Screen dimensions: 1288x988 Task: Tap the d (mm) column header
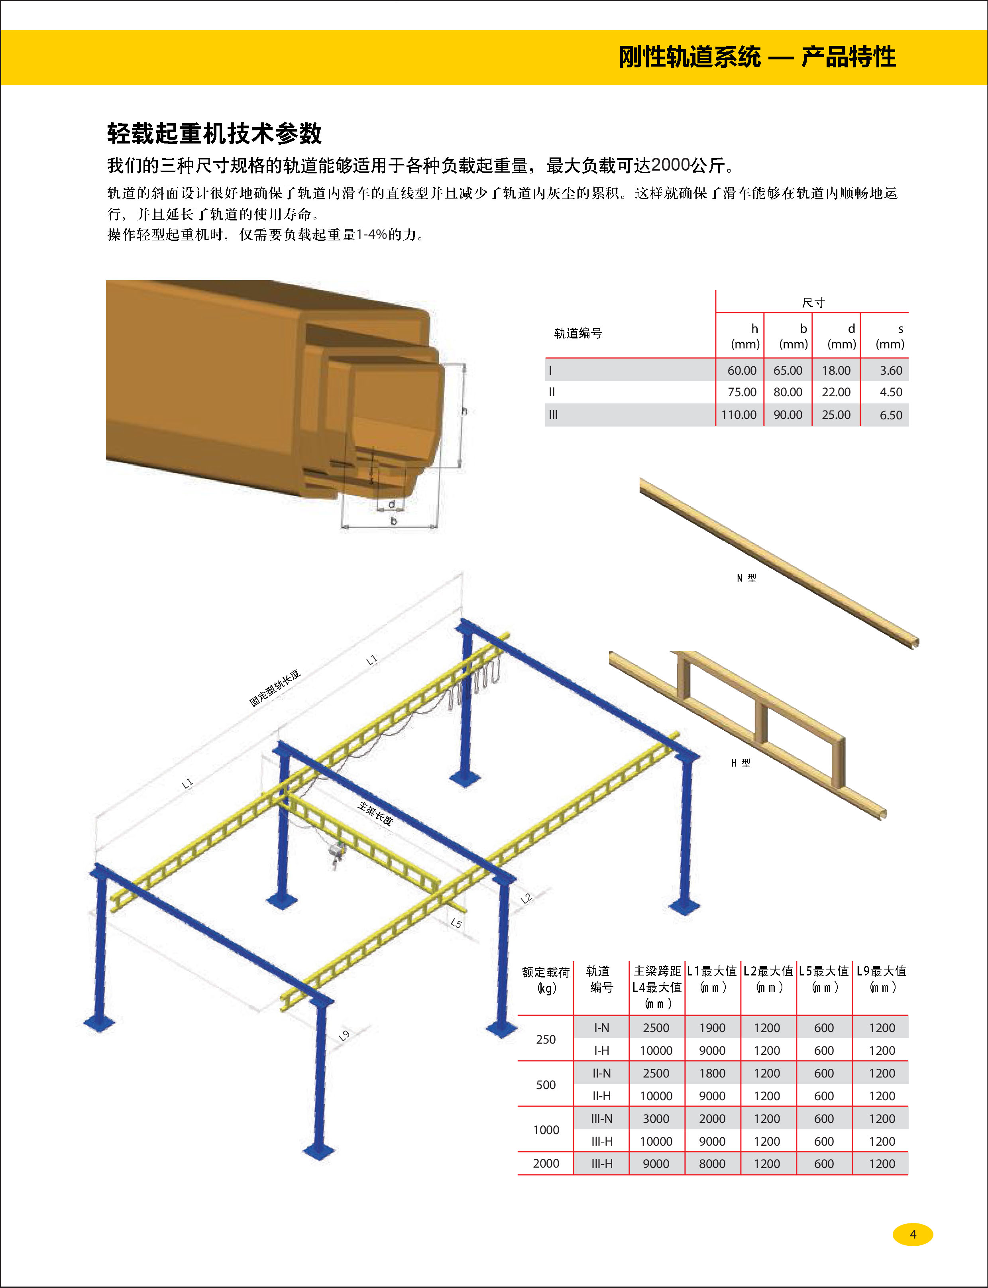pyautogui.click(x=842, y=336)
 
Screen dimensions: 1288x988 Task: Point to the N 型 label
pyautogui.click(x=746, y=578)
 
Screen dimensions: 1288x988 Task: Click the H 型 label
pyautogui.click(x=741, y=763)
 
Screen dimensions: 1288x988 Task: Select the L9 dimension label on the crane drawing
pyautogui.click(x=344, y=1035)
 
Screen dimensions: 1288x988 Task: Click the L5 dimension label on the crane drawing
pyautogui.click(x=456, y=923)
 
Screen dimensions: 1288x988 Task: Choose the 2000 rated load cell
pyautogui.click(x=546, y=1163)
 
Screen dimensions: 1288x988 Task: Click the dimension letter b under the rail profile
pyautogui.click(x=393, y=521)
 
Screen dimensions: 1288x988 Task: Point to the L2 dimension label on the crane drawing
pyautogui.click(x=526, y=898)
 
